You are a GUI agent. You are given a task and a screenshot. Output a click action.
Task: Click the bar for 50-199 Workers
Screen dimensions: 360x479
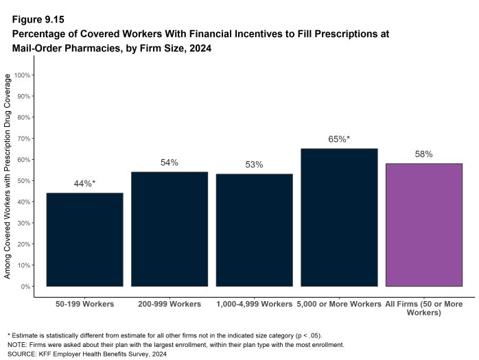pyautogui.click(x=84, y=239)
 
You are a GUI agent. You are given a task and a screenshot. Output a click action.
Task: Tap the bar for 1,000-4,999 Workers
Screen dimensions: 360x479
pyautogui.click(x=254, y=230)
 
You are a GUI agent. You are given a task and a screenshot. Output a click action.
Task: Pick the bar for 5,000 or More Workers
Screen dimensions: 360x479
pyautogui.click(x=339, y=217)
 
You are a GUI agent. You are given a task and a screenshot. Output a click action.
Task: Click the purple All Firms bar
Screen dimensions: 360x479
pyautogui.click(x=423, y=224)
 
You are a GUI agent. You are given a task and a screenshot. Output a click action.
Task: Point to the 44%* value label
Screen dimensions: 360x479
pyautogui.click(x=84, y=184)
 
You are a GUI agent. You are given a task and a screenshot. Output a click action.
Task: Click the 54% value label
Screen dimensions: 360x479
pyautogui.click(x=169, y=163)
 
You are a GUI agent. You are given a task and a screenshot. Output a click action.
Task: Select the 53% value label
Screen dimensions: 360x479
pyautogui.click(x=254, y=165)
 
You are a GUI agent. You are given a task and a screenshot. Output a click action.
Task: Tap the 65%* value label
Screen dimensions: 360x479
pyautogui.click(x=339, y=139)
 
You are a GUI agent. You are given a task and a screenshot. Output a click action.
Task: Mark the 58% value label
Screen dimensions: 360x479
pyautogui.click(x=423, y=154)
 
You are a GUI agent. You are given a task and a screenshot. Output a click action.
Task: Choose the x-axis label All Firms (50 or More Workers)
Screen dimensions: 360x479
pyautogui.click(x=423, y=308)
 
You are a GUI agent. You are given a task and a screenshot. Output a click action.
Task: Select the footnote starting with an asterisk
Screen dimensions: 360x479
pyautogui.click(x=164, y=335)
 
